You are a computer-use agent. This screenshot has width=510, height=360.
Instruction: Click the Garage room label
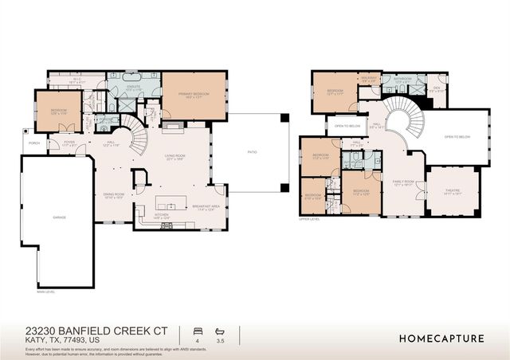pyautogui.click(x=60, y=217)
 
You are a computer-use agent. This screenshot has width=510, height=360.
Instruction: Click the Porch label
pyautogui.click(x=34, y=144)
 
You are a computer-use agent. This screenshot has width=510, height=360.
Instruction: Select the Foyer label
pyautogui.click(x=69, y=144)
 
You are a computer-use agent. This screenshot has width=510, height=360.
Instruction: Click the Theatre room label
pyautogui.click(x=453, y=191)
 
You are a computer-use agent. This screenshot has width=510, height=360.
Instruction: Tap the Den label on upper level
pyautogui.click(x=437, y=89)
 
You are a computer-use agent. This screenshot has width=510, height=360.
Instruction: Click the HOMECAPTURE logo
pyautogui.click(x=441, y=338)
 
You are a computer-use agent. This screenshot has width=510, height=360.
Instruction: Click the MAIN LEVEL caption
pyautogui.click(x=45, y=292)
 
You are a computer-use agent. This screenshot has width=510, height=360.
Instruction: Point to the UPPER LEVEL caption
pyautogui.click(x=309, y=219)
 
